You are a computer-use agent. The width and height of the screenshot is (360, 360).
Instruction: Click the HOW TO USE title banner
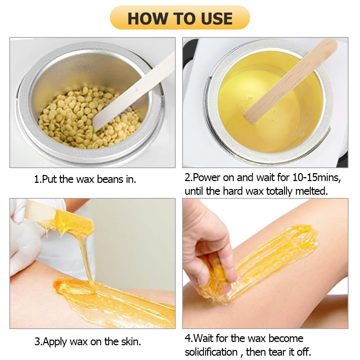(180, 18)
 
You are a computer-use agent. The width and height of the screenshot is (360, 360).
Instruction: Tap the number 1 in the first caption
(36, 179)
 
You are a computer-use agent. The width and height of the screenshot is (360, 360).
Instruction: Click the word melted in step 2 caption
(309, 191)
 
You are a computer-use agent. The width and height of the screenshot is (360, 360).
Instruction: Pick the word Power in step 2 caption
(210, 178)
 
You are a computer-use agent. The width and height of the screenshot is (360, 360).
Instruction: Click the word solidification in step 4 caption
(211, 352)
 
